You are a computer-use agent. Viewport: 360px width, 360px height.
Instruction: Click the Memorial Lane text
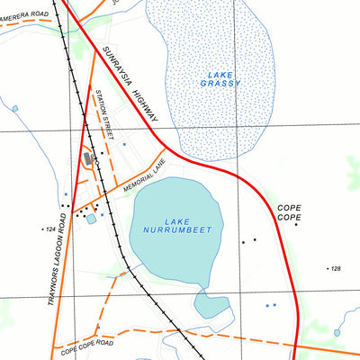click(x=146, y=177)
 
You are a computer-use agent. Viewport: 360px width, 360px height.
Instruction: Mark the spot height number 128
click(x=335, y=269)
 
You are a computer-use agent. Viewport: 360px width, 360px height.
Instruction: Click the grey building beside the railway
click(x=87, y=158)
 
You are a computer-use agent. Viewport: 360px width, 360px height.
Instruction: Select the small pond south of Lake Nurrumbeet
click(x=213, y=305)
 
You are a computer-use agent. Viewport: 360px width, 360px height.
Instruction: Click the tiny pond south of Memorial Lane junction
click(x=91, y=219)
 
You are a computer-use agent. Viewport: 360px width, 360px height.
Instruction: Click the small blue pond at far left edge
click(x=14, y=109)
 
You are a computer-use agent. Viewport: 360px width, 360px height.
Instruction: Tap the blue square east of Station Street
click(x=124, y=144)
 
